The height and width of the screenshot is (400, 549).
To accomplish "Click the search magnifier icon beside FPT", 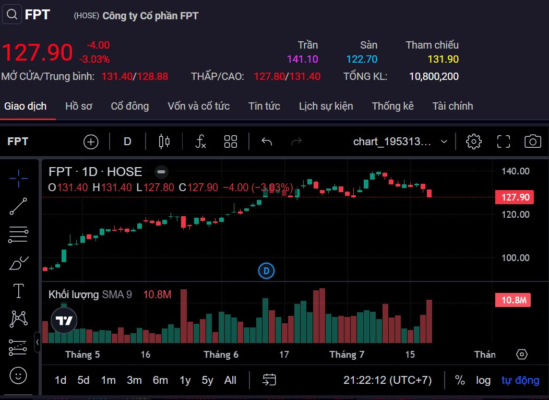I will [x=12, y=14].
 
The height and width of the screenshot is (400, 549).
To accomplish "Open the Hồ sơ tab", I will [x=79, y=106].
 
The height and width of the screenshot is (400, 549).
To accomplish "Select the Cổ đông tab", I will [x=130, y=106].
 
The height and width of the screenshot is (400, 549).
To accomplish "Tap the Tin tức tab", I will [x=264, y=106].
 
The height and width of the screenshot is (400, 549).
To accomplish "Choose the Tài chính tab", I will [x=452, y=106].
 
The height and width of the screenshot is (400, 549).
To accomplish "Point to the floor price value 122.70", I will [x=362, y=60].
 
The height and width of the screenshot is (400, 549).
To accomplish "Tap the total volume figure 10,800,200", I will [x=434, y=77].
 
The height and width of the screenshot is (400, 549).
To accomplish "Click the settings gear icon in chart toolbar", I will [x=473, y=141].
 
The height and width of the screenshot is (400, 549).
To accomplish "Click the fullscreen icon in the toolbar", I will [x=503, y=141].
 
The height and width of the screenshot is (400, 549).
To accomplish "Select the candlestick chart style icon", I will [x=164, y=141].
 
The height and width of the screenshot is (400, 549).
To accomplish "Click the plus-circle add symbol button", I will [x=91, y=141].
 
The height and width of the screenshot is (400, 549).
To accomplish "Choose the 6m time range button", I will [x=160, y=380].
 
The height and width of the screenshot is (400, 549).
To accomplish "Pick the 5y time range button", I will [x=207, y=380].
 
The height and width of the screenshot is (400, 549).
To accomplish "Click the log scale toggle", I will [x=483, y=380].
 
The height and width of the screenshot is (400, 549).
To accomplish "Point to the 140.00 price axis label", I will [x=516, y=171].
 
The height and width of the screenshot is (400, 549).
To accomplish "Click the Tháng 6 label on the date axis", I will [x=221, y=355].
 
